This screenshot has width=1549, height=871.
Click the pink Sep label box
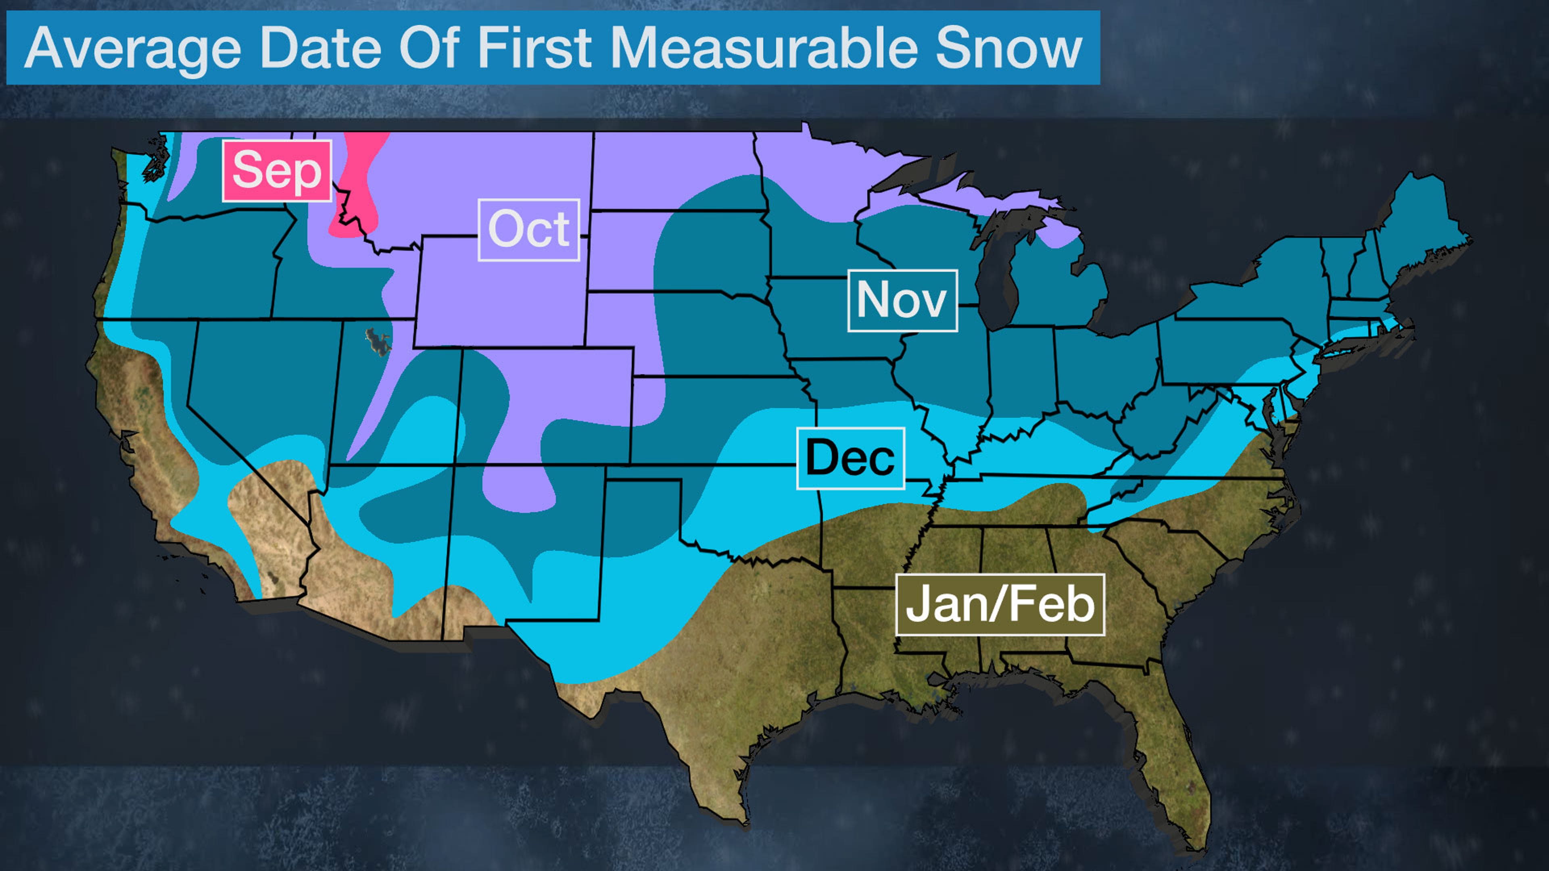click(x=277, y=171)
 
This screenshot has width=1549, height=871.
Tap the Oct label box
click(x=528, y=229)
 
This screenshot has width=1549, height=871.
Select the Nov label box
click(x=902, y=300)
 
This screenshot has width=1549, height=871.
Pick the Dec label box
click(x=850, y=458)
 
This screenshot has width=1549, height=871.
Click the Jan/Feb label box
click(x=1000, y=605)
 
